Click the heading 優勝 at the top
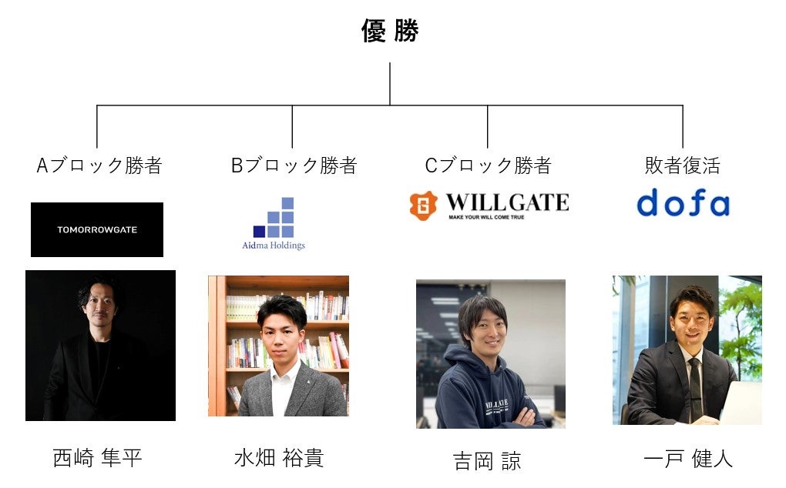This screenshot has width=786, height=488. [390, 32]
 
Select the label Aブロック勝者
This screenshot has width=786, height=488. [99, 165]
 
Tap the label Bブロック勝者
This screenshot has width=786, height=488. [294, 165]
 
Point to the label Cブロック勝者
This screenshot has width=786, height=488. [488, 165]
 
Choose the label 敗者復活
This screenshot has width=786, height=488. [682, 165]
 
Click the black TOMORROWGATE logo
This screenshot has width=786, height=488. [97, 229]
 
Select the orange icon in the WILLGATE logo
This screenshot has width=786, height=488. [423, 206]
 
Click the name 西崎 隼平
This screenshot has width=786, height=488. [98, 459]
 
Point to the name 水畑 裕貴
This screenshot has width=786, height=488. [278, 459]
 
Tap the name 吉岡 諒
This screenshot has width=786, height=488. [487, 461]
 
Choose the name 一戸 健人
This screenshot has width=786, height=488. [687, 460]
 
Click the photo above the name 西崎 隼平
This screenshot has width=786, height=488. [100, 345]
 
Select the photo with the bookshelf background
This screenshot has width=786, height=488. [278, 346]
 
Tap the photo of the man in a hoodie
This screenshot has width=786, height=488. [491, 353]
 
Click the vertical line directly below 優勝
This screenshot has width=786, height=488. [390, 83]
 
